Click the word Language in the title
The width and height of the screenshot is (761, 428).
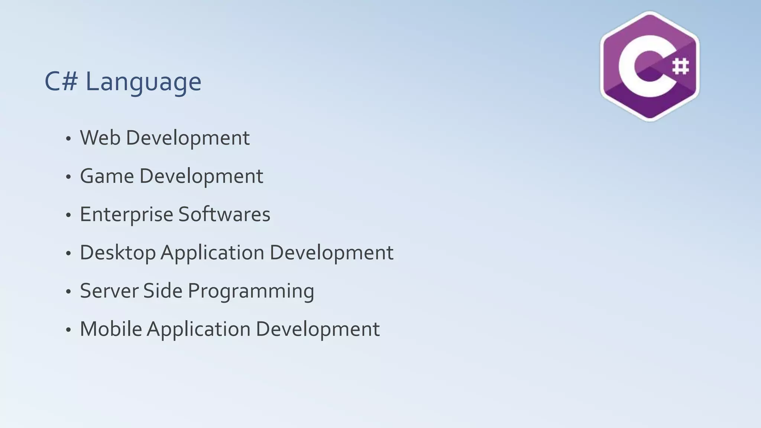coord(143,82)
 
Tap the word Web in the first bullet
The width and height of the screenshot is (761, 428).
coord(100,138)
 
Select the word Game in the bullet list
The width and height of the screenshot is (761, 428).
coord(107,176)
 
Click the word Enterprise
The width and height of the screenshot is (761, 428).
coord(126,215)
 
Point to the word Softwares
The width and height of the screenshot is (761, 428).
coord(224,214)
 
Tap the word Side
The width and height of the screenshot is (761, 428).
coord(163,291)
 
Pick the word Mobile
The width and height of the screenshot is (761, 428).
coord(111,329)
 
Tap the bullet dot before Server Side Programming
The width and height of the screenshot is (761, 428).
coord(68,292)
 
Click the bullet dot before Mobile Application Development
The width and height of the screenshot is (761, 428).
coord(68,330)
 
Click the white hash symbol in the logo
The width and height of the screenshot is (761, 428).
coord(680,67)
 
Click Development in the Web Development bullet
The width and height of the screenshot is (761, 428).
coord(188,138)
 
